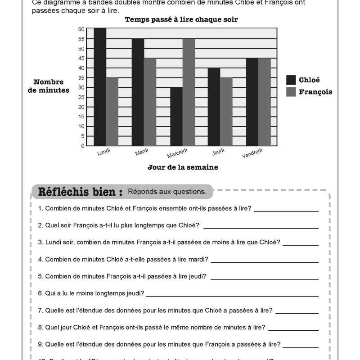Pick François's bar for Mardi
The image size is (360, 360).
pos(150,102)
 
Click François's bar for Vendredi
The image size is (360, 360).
pos(265,102)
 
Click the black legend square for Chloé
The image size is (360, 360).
pos(291,80)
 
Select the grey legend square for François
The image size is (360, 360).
pos(291,92)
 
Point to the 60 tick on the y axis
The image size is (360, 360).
pos(81,29)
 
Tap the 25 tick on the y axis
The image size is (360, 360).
pos(81,97)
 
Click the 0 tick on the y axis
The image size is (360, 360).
pos(83,146)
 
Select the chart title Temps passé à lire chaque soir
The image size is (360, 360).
pos(181,19)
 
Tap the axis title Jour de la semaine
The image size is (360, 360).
pos(183,167)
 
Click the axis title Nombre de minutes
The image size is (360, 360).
pos(51,86)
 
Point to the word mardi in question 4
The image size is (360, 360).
pos(199,259)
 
